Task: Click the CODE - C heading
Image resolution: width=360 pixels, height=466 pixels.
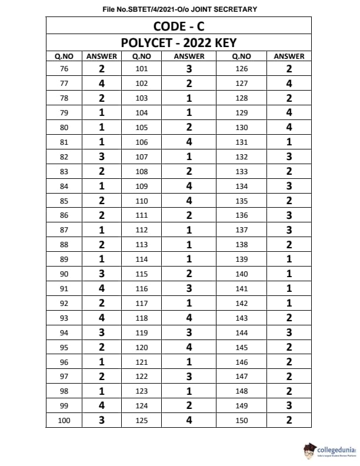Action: click(178, 26)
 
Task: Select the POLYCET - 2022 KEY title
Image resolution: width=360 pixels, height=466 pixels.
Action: click(178, 42)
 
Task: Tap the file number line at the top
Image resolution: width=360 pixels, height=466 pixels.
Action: click(179, 9)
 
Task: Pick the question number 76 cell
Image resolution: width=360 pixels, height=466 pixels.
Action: click(64, 69)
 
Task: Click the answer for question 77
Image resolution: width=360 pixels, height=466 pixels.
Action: click(102, 84)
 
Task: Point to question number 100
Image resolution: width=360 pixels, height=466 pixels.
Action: click(64, 421)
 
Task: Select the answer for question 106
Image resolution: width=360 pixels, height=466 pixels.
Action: click(189, 142)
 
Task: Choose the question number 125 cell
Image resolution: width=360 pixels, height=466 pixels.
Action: click(142, 421)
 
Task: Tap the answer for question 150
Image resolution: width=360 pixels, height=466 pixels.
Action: click(289, 421)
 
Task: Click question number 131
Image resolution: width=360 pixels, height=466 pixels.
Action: click(242, 142)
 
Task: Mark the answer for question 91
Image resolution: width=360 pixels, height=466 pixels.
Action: click(102, 288)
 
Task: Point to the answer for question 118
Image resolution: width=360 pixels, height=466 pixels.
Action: click(189, 318)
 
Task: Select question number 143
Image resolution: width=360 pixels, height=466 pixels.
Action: click(242, 318)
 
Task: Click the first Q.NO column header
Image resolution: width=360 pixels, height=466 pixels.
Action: click(64, 56)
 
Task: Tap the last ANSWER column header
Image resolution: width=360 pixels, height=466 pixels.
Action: click(289, 56)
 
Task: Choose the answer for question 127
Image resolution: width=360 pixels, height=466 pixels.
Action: click(289, 84)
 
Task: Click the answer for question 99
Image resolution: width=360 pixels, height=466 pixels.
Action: click(102, 406)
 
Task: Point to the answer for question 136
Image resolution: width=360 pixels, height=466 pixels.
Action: click(289, 215)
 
